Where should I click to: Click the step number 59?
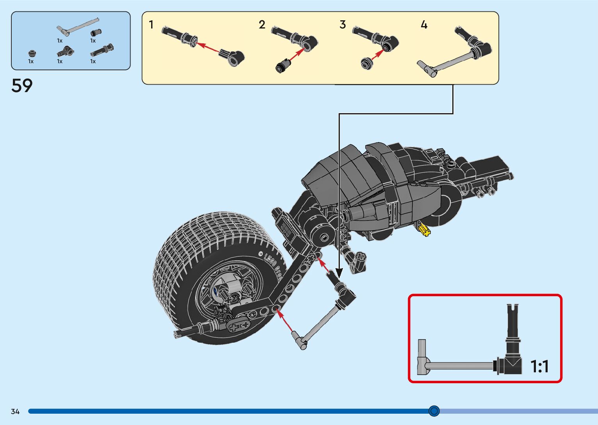point(22,85)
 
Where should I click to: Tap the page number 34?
point(15,411)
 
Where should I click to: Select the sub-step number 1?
point(151,25)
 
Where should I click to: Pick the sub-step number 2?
point(262,25)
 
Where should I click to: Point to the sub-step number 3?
point(343,25)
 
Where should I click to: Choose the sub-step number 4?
point(424,25)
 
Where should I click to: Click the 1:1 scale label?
point(539,366)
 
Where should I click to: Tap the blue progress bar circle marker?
point(434,411)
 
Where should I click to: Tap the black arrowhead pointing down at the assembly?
point(339,273)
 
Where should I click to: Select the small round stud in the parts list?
point(32,53)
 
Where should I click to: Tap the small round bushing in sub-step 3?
point(367,63)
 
